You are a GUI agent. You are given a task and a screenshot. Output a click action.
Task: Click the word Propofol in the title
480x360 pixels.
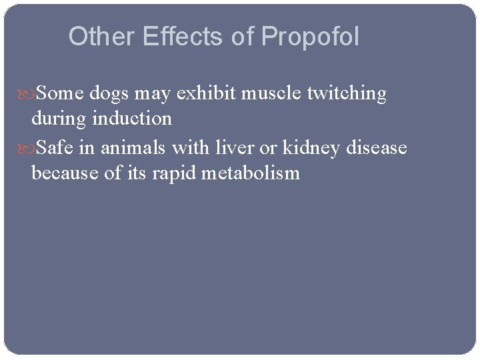pos(310,37)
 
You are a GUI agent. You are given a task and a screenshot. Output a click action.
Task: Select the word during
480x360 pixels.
pos(59,119)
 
